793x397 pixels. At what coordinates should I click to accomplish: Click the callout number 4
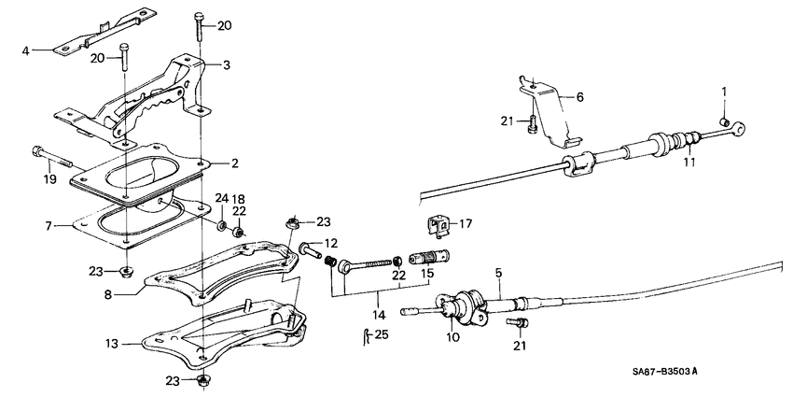[x=26, y=50]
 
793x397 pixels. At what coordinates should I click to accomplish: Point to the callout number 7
[x=59, y=225]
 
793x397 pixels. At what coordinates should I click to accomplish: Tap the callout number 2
[x=234, y=163]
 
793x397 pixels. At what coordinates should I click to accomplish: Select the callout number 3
[x=225, y=65]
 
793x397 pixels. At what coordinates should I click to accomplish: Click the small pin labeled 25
[x=364, y=335]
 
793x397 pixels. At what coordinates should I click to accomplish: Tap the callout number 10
[x=452, y=336]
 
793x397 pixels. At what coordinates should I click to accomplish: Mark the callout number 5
[x=498, y=273]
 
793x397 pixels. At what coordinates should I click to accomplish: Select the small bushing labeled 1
[x=725, y=121]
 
